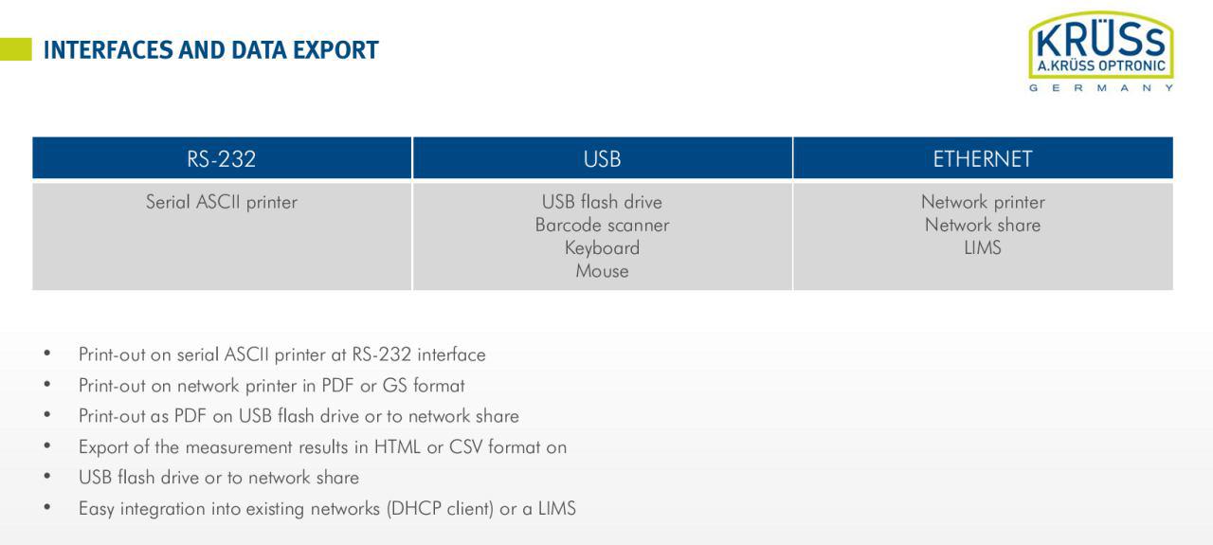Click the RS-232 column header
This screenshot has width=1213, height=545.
coord(222,158)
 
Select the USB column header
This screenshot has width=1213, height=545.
coord(602,158)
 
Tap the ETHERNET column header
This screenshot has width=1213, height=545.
coord(983,158)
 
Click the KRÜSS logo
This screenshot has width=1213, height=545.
coord(1101,51)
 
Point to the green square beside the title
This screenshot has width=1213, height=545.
coord(16,49)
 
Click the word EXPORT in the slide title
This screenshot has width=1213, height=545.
coord(335,50)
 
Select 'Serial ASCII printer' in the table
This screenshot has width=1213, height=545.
coord(222,202)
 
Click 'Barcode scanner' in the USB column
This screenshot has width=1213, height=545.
coord(602,225)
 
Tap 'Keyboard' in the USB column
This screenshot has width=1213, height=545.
coord(602,248)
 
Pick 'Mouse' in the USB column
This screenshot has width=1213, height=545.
coord(602,271)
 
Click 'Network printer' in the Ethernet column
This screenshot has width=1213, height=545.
coord(983,202)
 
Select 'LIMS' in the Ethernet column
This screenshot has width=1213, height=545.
coord(983,248)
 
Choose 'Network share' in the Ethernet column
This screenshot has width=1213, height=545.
coord(983,225)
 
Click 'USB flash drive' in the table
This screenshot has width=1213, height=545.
coord(602,202)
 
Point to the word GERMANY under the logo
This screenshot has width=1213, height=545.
coord(1101,88)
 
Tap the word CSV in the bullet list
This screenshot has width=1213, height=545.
coord(465,447)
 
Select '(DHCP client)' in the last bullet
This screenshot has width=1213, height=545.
coord(441,509)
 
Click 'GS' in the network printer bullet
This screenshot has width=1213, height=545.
coord(395,385)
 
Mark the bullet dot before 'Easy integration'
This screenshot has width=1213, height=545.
coord(47,508)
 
